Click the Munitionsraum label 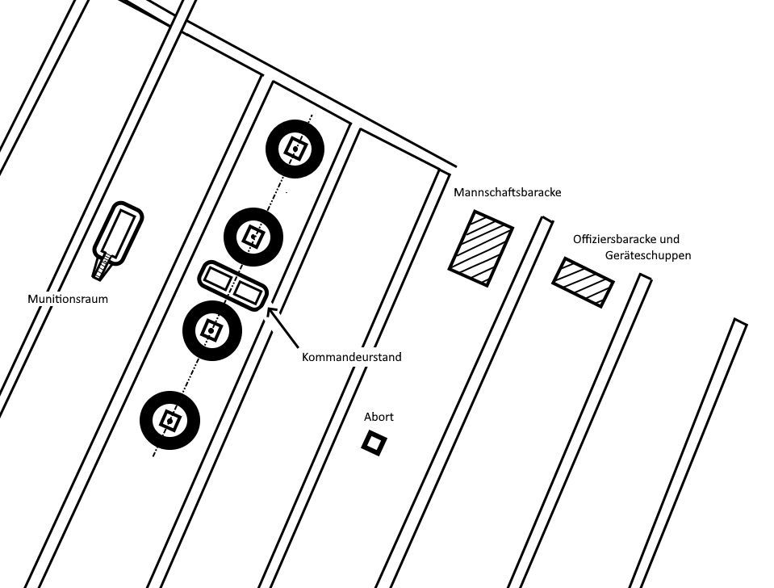point(68,299)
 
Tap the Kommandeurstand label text point(351,357)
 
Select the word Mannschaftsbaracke point(507,193)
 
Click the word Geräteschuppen point(647,255)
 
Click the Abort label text point(379,417)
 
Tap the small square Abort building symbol point(373,443)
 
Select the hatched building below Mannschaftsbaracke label point(481,247)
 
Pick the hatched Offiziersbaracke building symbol point(583,282)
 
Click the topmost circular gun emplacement point(295,149)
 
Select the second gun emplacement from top point(253,237)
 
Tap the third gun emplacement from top point(212,330)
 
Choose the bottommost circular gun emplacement point(169,420)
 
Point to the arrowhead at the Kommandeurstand point(270,310)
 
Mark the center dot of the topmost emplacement point(295,149)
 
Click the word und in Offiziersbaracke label point(669,239)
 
